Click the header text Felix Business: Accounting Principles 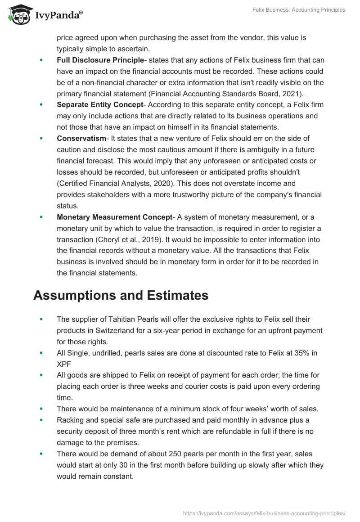298,10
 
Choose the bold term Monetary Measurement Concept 115,217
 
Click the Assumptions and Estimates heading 121,295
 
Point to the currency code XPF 64,364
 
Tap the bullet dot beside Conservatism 42,138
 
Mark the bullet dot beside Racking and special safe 42,420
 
